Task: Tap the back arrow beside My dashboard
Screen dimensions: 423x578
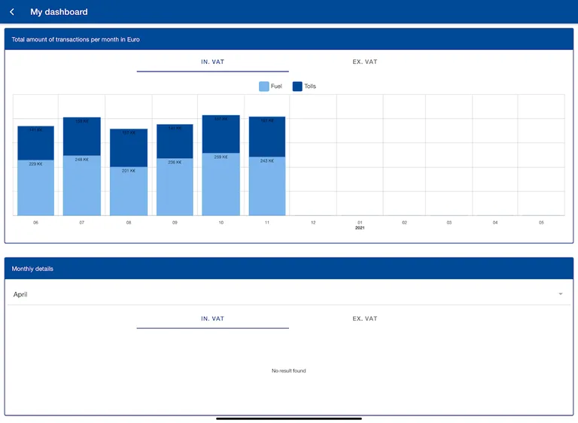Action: pyautogui.click(x=12, y=12)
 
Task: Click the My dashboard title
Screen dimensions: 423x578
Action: pyautogui.click(x=59, y=12)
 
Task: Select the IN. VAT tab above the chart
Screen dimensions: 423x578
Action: pyautogui.click(x=212, y=62)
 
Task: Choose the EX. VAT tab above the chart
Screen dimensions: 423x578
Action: pyautogui.click(x=365, y=62)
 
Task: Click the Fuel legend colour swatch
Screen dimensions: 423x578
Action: pyautogui.click(x=263, y=87)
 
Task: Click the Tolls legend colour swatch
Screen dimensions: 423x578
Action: pyautogui.click(x=297, y=87)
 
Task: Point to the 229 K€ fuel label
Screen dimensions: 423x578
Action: pyautogui.click(x=35, y=163)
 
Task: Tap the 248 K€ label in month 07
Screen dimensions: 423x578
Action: pyautogui.click(x=81, y=160)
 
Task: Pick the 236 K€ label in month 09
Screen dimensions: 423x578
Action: pyautogui.click(x=175, y=162)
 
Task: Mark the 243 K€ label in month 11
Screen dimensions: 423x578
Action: pyautogui.click(x=267, y=160)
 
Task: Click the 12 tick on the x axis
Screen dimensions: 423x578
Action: pyautogui.click(x=313, y=223)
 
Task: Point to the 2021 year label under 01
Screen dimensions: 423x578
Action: pyautogui.click(x=360, y=228)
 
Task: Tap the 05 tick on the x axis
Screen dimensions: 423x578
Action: pyautogui.click(x=541, y=223)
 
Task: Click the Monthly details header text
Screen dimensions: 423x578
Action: pyautogui.click(x=32, y=269)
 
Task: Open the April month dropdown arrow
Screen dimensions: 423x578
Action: pyautogui.click(x=560, y=294)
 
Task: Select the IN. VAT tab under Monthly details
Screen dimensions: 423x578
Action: pyautogui.click(x=212, y=318)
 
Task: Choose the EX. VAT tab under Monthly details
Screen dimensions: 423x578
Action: pyautogui.click(x=365, y=318)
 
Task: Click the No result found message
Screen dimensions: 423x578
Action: pyautogui.click(x=289, y=371)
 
